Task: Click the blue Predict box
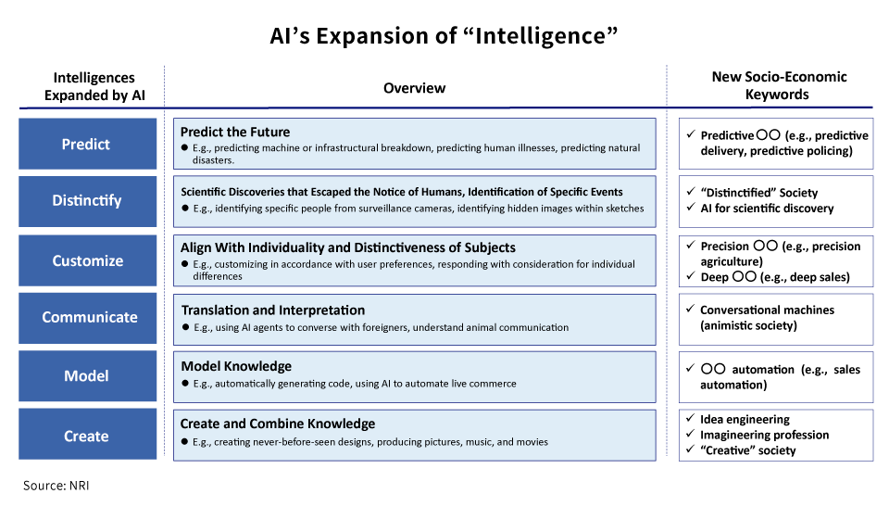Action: (86, 144)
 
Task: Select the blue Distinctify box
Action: (86, 201)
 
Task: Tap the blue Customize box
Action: (86, 260)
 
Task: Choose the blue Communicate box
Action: (86, 317)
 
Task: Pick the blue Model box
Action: (86, 375)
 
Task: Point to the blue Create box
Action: (86, 436)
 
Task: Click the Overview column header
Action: (414, 88)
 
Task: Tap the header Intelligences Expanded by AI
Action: (94, 86)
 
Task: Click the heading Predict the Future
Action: (234, 132)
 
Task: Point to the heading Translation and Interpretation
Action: (272, 310)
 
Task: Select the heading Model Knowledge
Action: (236, 366)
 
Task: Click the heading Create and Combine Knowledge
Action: (278, 424)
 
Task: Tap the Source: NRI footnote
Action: (56, 485)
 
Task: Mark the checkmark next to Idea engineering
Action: (690, 419)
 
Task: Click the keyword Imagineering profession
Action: (764, 435)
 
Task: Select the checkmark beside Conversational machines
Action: (690, 310)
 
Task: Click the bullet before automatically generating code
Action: (185, 384)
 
